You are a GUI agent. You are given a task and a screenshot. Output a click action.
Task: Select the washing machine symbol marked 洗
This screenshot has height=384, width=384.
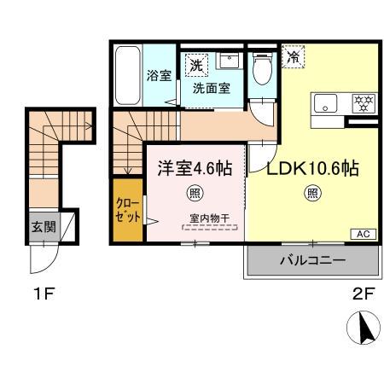(195, 64)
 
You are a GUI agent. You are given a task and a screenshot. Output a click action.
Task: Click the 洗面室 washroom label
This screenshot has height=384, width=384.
(210, 87)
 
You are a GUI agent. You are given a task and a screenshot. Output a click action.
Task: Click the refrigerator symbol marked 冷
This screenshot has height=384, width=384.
(293, 57)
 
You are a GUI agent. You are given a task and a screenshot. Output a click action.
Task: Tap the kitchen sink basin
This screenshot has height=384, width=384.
(325, 104)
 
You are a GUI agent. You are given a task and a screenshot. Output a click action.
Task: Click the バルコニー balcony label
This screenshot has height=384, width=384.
(311, 261)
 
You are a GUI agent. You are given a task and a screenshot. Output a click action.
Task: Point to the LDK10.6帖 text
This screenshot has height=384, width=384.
(311, 168)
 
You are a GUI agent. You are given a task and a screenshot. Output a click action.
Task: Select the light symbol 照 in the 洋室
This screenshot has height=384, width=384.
(195, 193)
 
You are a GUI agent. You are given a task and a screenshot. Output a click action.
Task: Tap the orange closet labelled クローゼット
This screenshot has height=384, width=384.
(124, 209)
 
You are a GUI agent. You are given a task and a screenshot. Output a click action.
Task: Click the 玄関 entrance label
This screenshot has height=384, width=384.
(44, 228)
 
